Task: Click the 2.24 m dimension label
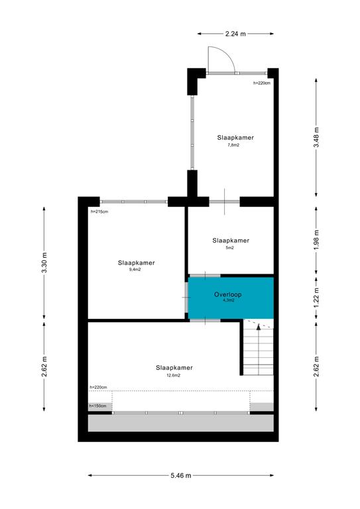235,33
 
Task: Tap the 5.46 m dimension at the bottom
181,476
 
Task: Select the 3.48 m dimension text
316,137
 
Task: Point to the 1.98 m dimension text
316,239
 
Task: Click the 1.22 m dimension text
316,298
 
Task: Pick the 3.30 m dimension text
44,262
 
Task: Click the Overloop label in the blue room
228,294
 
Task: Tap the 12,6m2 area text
173,375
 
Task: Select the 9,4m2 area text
135,270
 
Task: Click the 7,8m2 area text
233,145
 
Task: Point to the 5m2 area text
230,248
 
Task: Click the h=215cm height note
99,211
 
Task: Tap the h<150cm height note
97,406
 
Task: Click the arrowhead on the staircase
259,327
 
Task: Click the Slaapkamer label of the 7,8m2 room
235,138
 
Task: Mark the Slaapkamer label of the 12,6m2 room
174,368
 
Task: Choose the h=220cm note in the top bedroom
262,83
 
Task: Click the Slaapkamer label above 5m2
231,241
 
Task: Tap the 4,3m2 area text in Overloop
229,300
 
